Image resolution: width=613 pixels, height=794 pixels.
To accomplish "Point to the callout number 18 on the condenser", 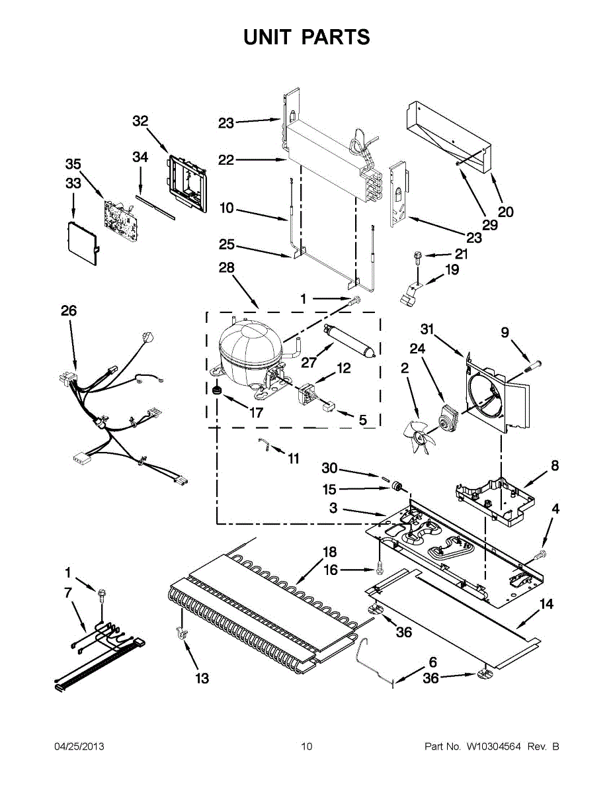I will pos(329,552).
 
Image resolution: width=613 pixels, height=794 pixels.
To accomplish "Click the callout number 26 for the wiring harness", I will pos(69,310).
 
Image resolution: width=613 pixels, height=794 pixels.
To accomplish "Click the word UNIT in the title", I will pos(267,38).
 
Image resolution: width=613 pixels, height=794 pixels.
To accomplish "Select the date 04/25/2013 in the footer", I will pos(79,747).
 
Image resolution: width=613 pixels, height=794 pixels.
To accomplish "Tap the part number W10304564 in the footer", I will pos(494,747).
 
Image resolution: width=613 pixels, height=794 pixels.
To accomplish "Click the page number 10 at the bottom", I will pos(306,747).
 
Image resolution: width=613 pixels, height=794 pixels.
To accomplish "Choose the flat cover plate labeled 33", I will pos(82,242).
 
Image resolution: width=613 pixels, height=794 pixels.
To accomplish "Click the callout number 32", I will pos(140,120).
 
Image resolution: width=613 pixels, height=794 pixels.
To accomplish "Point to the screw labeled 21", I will pos(417,255).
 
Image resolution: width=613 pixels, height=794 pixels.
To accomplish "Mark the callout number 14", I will pos(546,603).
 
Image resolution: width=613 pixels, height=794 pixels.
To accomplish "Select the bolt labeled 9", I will pos(534,362).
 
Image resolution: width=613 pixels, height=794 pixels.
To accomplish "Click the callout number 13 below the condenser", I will pos(202,678).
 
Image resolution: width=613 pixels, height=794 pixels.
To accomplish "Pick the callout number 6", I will pos(432,662).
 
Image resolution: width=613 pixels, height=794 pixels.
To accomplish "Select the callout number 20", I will pos(505,212).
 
